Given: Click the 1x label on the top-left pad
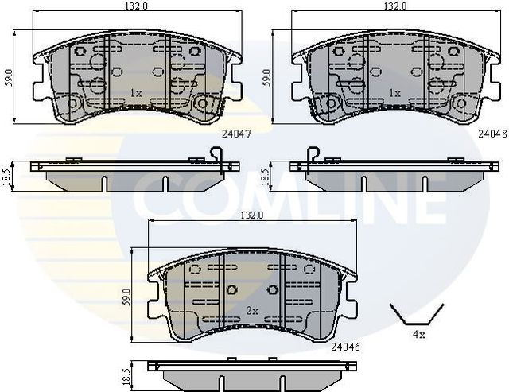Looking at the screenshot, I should pos(136,93).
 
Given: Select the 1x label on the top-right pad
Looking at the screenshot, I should pos(394,93).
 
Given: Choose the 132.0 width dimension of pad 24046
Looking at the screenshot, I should pos(253,215).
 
